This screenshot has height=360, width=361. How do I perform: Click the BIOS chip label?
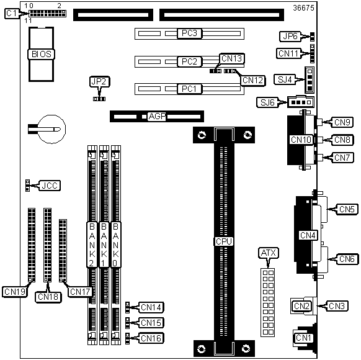point(42,55)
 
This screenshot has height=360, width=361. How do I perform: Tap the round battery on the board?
point(51,129)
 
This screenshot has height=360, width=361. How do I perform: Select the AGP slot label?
point(157,116)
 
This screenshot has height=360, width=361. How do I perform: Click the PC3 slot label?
point(189,33)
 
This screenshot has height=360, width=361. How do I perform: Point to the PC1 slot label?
point(189,89)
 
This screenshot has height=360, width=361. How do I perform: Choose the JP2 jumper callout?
point(99,81)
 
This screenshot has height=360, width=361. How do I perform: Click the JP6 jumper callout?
point(290,37)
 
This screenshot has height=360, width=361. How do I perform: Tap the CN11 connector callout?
point(288,53)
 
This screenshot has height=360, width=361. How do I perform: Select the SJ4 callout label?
point(285,79)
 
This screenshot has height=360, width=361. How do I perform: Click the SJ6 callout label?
point(267,102)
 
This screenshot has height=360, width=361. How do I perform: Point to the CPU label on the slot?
point(224,241)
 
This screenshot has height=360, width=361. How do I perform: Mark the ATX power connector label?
point(268,253)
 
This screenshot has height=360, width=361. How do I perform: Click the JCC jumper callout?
point(50,186)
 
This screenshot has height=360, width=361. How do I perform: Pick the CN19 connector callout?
point(15,292)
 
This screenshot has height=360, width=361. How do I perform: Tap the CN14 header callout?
point(151,307)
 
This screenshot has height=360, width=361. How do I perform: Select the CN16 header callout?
point(151,338)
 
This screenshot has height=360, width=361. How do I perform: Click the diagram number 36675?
point(303,8)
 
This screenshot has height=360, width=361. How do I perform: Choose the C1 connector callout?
point(11,14)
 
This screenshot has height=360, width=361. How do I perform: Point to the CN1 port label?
point(303,338)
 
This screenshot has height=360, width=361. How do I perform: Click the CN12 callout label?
point(253,81)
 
